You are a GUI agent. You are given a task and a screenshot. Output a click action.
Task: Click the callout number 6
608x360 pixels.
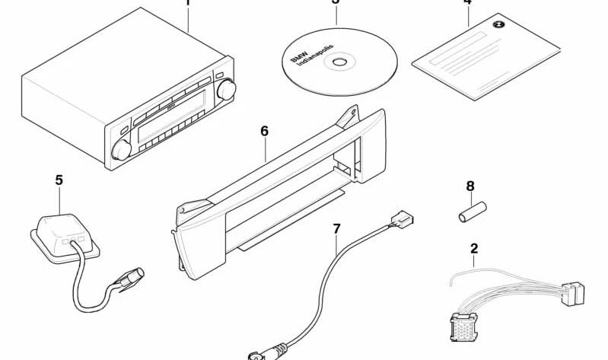pyautogui.click(x=264, y=131)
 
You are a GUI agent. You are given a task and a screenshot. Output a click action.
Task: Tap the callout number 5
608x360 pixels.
pyautogui.click(x=59, y=180)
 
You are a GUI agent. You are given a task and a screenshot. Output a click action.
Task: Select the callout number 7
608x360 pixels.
pyautogui.click(x=337, y=228)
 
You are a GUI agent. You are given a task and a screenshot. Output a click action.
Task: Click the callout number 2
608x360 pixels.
pyautogui.click(x=474, y=248)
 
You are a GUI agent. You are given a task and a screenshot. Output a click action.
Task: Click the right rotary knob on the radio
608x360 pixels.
pyautogui.click(x=226, y=91)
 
